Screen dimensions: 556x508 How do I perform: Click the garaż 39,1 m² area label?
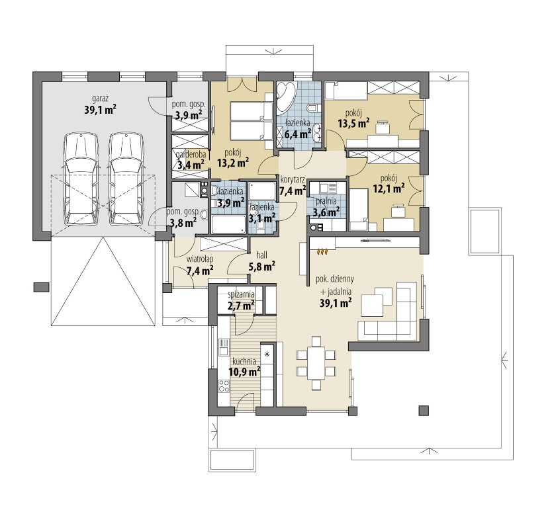(101, 105)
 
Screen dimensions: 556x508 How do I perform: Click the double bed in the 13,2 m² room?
(251, 121)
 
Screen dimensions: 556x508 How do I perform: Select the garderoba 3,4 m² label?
(191, 159)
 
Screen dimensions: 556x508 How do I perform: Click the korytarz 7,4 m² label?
(293, 185)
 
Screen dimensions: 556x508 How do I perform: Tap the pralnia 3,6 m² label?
(326, 206)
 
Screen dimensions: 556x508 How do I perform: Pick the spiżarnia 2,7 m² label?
(242, 300)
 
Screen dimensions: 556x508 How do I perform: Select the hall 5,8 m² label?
(262, 261)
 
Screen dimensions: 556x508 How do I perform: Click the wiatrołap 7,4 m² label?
(200, 265)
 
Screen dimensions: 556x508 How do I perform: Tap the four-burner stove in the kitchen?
(224, 386)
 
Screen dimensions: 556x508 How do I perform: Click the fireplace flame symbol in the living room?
(322, 251)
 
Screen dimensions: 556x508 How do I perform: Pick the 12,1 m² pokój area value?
(389, 189)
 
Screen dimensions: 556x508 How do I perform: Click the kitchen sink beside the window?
(224, 347)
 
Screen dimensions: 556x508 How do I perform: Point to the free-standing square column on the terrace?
(424, 410)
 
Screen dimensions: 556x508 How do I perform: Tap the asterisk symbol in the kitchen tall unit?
(267, 354)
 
